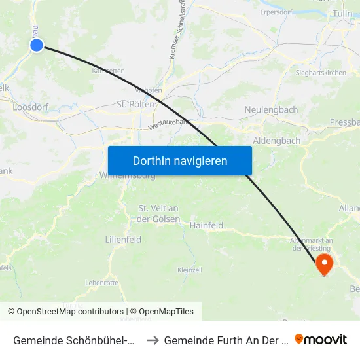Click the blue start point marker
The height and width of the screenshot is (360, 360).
pyautogui.click(x=37, y=45)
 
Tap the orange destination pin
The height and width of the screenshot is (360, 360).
pyautogui.click(x=324, y=263)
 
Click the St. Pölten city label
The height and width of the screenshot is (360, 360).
pyautogui.click(x=135, y=104)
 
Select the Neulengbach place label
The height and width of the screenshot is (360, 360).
pyautogui.click(x=270, y=109)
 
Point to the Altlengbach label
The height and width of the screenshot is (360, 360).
pyautogui.click(x=277, y=141)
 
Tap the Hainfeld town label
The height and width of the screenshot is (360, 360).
pyautogui.click(x=206, y=225)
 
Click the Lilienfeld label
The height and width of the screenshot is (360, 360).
pyautogui.click(x=123, y=240)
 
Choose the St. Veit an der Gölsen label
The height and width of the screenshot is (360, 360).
pyautogui.click(x=159, y=213)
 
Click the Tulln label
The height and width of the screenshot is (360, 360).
pyautogui.click(x=342, y=13)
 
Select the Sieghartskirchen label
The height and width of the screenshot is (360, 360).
pyautogui.click(x=321, y=73)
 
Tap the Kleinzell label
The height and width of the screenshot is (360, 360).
pyautogui.click(x=189, y=270)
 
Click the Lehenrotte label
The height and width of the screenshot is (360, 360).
pyautogui.click(x=101, y=283)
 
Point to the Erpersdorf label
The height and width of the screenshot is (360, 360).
pyautogui.click(x=275, y=11)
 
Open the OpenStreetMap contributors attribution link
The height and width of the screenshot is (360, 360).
pyautogui.click(x=70, y=312)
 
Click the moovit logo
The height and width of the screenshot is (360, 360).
pyautogui.click(x=321, y=340)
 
